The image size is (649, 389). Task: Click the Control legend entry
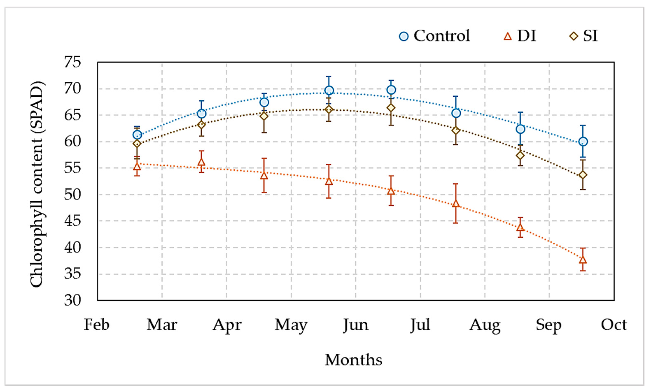point(434,36)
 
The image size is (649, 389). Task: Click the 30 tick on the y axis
point(72,300)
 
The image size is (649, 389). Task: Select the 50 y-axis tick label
point(72,194)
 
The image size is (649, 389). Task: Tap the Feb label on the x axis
point(97,325)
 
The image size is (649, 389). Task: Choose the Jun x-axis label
point(356,325)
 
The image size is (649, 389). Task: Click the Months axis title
point(353,360)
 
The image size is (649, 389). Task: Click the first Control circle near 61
point(137,135)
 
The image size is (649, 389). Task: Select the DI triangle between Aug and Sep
point(520,227)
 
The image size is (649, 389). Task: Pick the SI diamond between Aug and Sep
point(520,155)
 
